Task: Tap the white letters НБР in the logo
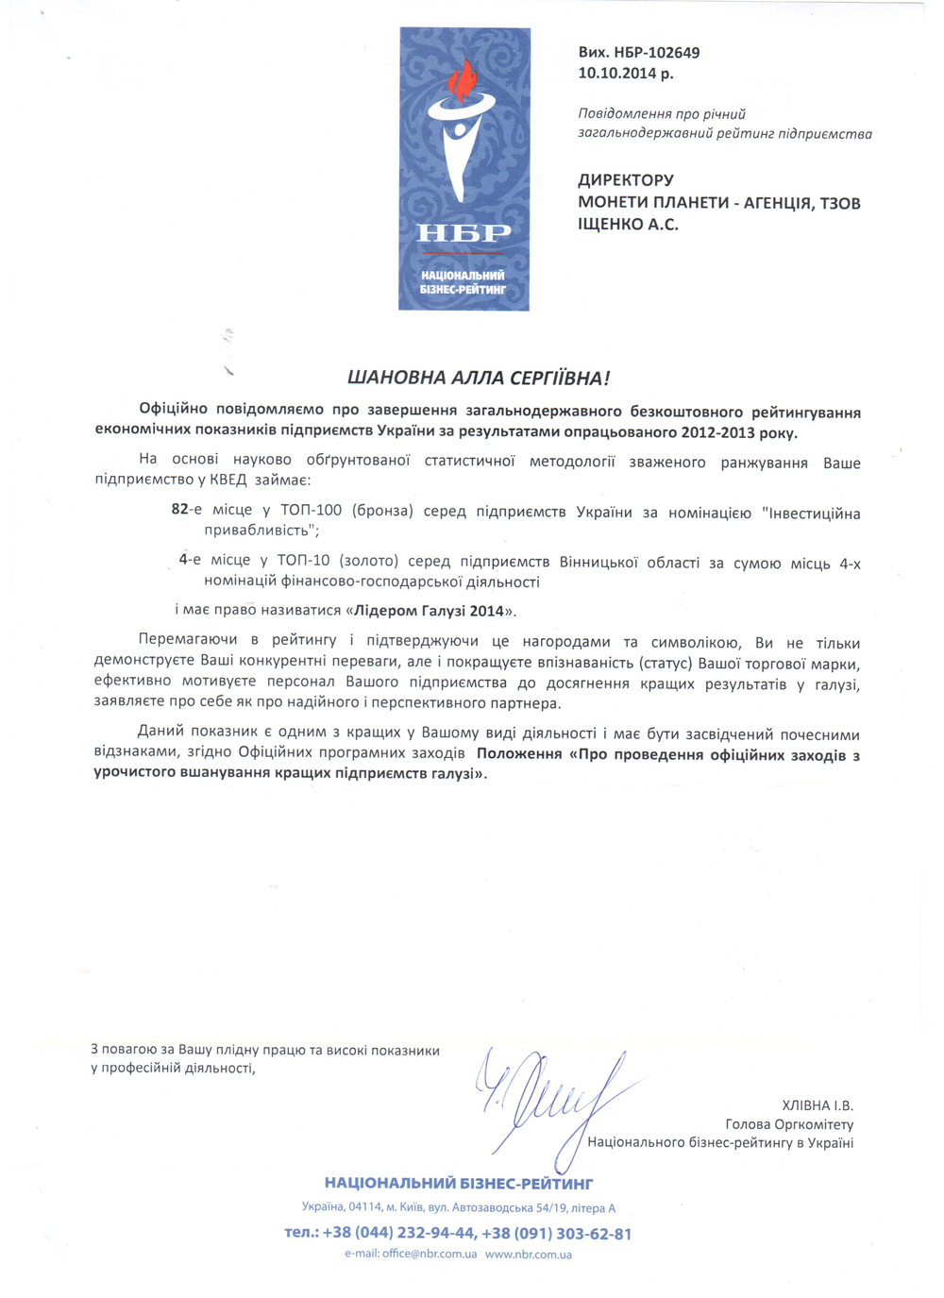pyautogui.click(x=464, y=232)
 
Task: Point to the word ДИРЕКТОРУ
pyautogui.click(x=626, y=180)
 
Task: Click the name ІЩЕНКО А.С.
pyautogui.click(x=628, y=225)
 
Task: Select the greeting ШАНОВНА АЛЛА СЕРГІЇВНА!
pyautogui.click(x=479, y=379)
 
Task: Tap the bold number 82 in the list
pyautogui.click(x=179, y=510)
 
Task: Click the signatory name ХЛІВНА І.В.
pyautogui.click(x=817, y=1105)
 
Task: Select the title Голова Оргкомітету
pyautogui.click(x=789, y=1124)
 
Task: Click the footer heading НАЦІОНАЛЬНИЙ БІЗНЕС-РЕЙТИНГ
pyautogui.click(x=459, y=1184)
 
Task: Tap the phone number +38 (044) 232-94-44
pyautogui.click(x=398, y=1234)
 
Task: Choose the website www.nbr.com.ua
pyautogui.click(x=529, y=1255)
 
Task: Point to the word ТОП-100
pyautogui.click(x=311, y=511)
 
